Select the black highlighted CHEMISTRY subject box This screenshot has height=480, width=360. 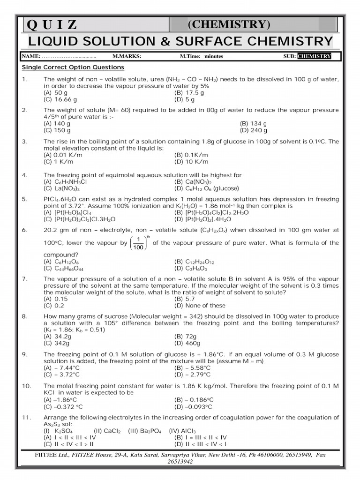pyautogui.click(x=314, y=56)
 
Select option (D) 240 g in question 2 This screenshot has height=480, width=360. pyautogui.click(x=253, y=130)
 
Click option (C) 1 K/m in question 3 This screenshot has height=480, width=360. pyautogui.click(x=59, y=161)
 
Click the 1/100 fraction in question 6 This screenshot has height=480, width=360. pyautogui.click(x=138, y=243)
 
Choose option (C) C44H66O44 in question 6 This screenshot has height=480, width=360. pyautogui.click(x=65, y=269)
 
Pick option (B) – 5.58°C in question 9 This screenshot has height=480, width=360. pyautogui.click(x=192, y=368)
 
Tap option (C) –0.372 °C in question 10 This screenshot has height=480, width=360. pyautogui.click(x=63, y=406)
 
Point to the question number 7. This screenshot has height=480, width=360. pyautogui.click(x=25, y=279)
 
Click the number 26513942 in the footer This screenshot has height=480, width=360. pyautogui.click(x=180, y=461)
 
